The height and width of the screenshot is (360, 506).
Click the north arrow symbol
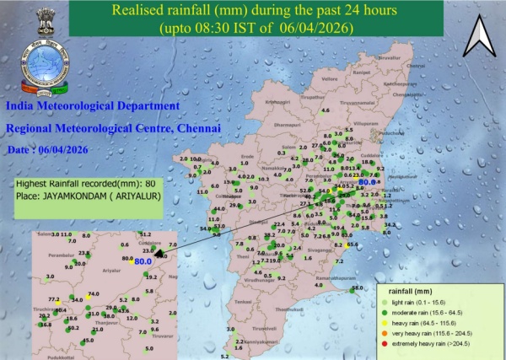coord(478,35)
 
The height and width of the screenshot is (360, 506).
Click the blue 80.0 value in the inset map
coord(143,261)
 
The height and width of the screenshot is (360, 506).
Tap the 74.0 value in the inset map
coord(94,293)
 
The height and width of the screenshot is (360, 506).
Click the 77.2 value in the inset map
coord(55,299)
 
